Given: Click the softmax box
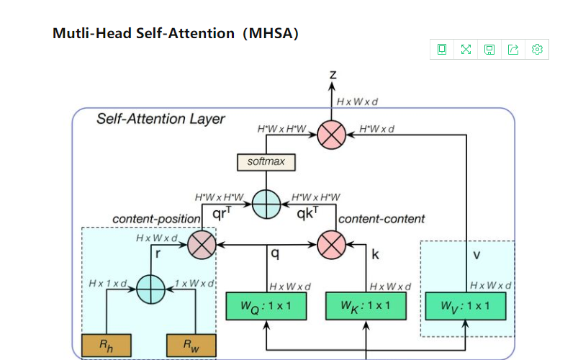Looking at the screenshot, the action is pyautogui.click(x=266, y=162).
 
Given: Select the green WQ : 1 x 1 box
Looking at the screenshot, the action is pyautogui.click(x=266, y=306).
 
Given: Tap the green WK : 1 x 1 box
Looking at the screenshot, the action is pyautogui.click(x=366, y=306).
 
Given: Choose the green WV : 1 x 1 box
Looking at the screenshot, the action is pyautogui.click(x=466, y=306).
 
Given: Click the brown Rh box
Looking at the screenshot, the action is pyautogui.click(x=106, y=346).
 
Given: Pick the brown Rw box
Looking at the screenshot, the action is pyautogui.click(x=191, y=346).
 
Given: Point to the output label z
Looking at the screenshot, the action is pyautogui.click(x=333, y=75).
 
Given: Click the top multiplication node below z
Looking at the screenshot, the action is pyautogui.click(x=332, y=135).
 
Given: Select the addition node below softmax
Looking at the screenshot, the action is pyautogui.click(x=266, y=204).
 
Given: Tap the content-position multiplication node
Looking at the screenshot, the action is pyautogui.click(x=202, y=245).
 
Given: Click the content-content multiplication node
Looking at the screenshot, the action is pyautogui.click(x=332, y=245).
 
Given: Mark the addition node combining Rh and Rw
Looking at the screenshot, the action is pyautogui.click(x=150, y=289).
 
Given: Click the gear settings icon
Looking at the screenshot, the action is pyautogui.click(x=537, y=50).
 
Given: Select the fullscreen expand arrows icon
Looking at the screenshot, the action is pyautogui.click(x=466, y=50).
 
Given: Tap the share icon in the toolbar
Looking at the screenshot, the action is pyautogui.click(x=513, y=50).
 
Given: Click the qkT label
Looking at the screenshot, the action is pyautogui.click(x=307, y=213).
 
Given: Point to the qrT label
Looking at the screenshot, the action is pyautogui.click(x=222, y=213).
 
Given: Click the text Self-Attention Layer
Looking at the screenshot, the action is pyautogui.click(x=161, y=119).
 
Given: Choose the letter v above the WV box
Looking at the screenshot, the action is pyautogui.click(x=477, y=255).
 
